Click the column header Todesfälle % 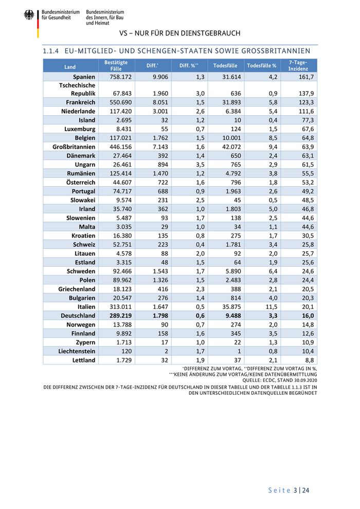coord(262,66)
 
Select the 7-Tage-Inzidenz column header coord(298,65)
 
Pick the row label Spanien coord(84,77)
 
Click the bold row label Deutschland coord(78,316)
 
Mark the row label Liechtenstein coord(77,351)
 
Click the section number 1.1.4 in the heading coord(51,51)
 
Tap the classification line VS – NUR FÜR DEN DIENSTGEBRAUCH coord(179,33)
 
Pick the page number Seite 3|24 coord(289,490)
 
